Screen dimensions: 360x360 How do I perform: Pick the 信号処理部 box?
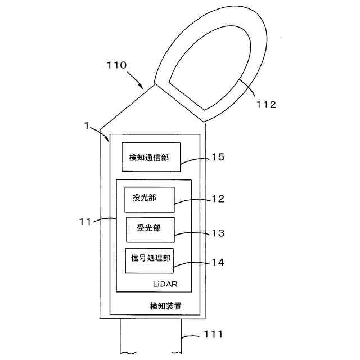(149, 260)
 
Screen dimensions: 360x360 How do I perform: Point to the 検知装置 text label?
(165, 306)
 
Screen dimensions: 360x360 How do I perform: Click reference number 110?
(117, 65)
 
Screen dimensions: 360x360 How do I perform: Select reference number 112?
(265, 105)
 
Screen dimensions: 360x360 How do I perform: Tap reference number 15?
(218, 157)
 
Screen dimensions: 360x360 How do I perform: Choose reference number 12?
(218, 199)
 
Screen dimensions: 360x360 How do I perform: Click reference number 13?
(218, 232)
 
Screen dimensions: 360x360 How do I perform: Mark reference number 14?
(218, 262)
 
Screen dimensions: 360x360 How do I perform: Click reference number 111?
(213, 335)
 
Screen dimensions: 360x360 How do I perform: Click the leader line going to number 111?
(191, 336)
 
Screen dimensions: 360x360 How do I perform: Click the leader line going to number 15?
(194, 160)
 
